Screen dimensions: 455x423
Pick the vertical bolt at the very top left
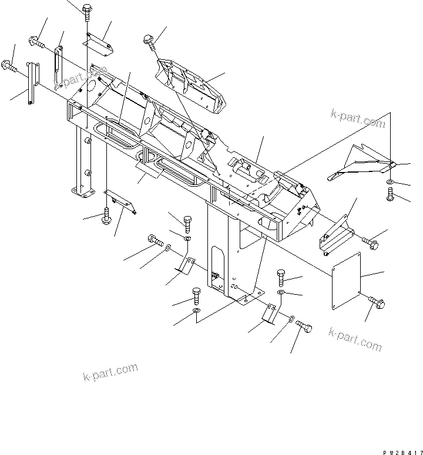tap(87, 11)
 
